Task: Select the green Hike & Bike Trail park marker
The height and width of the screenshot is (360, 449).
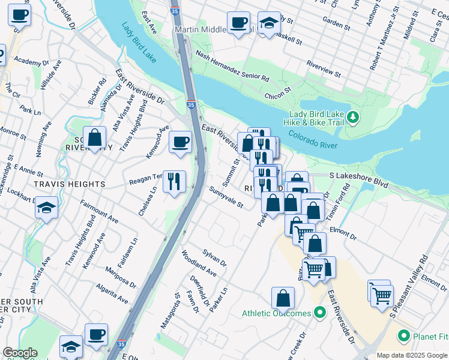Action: pyautogui.click(x=354, y=117)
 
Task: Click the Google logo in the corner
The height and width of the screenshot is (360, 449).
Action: pyautogui.click(x=20, y=353)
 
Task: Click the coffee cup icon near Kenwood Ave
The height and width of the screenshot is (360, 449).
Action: pyautogui.click(x=181, y=142)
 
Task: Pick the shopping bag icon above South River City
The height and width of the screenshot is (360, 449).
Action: pyautogui.click(x=94, y=137)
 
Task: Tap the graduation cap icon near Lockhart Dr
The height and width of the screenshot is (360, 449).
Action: pyautogui.click(x=46, y=208)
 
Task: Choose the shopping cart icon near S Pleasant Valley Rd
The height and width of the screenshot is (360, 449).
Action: pyautogui.click(x=381, y=295)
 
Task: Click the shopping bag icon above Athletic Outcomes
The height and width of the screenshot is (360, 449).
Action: pyautogui.click(x=283, y=297)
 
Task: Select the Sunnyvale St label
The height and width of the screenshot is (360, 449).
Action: pyautogui.click(x=226, y=197)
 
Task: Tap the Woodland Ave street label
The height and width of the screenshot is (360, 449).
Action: pyautogui.click(x=199, y=263)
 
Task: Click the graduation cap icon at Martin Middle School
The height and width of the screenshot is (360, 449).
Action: pyautogui.click(x=270, y=23)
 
